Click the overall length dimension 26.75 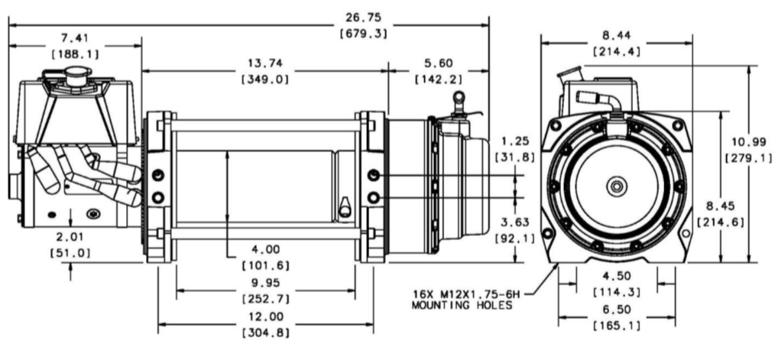(362, 16)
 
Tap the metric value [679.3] (362, 33)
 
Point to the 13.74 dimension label (265, 63)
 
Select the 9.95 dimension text (265, 282)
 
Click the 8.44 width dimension (616, 35)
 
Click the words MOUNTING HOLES (461, 305)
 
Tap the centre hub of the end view (615, 186)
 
